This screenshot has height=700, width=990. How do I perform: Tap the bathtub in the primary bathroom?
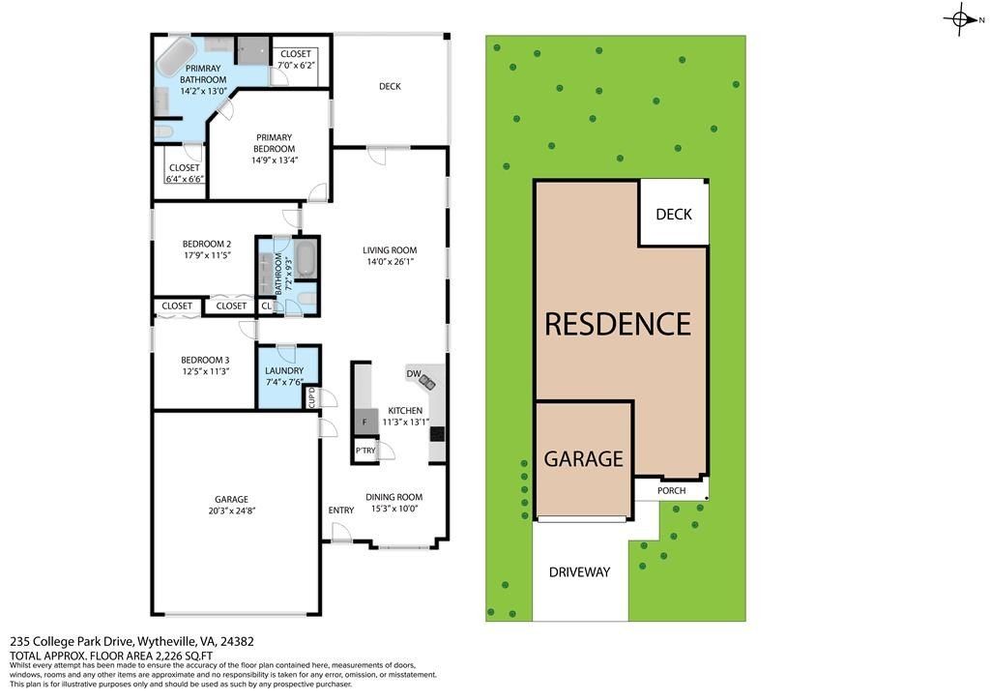175,57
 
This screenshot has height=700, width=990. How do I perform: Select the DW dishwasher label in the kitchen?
413,373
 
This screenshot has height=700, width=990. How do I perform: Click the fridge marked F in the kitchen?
364,422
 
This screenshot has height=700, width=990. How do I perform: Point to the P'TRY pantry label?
364,451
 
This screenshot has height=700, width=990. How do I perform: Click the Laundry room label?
284,370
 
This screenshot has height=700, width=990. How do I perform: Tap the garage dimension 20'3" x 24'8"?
231,511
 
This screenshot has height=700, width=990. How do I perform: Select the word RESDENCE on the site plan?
617,323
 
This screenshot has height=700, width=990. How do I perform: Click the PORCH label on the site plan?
671,490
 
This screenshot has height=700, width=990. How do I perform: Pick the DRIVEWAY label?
580,571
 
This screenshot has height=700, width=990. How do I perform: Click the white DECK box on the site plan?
673,214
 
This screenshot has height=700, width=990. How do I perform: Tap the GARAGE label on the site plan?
583,458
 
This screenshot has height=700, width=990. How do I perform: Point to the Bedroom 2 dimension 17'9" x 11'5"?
207,255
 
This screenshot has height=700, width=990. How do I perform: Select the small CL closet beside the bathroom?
266,306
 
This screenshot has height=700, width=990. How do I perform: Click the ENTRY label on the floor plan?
340,510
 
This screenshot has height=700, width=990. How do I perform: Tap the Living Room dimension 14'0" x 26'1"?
391,262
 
